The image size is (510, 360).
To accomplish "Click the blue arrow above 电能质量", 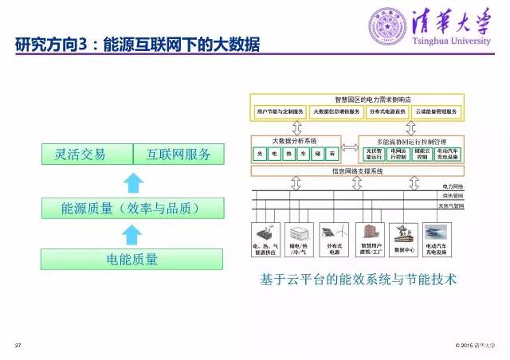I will (x=132, y=235).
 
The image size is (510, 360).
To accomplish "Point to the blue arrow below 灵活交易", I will (x=132, y=182).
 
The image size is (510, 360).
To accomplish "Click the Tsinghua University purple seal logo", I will (x=385, y=25).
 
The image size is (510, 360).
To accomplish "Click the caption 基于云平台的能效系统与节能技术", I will (x=356, y=280).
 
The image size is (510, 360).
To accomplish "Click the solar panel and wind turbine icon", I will (x=328, y=233).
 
